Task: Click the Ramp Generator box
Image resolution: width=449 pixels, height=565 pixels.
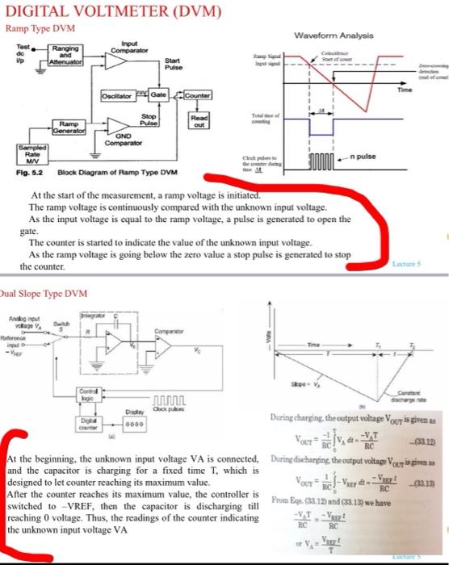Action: click(72, 128)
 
